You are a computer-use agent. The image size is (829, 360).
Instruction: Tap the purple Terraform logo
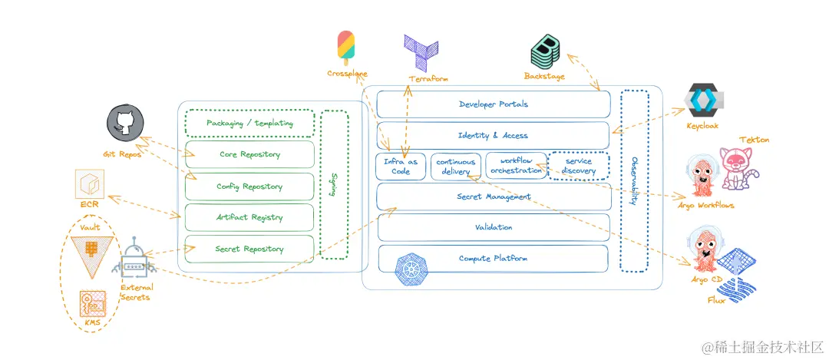point(421,52)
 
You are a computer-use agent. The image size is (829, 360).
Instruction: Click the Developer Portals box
point(493,104)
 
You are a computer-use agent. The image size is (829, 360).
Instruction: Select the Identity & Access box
point(493,135)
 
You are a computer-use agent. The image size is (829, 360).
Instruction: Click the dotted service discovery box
point(580,166)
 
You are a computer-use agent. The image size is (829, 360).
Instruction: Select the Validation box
point(493,227)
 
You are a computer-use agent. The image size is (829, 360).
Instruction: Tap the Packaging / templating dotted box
point(249,124)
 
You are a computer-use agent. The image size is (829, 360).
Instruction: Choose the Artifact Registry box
point(249,218)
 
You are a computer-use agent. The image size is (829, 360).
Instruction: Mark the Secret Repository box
point(249,249)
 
